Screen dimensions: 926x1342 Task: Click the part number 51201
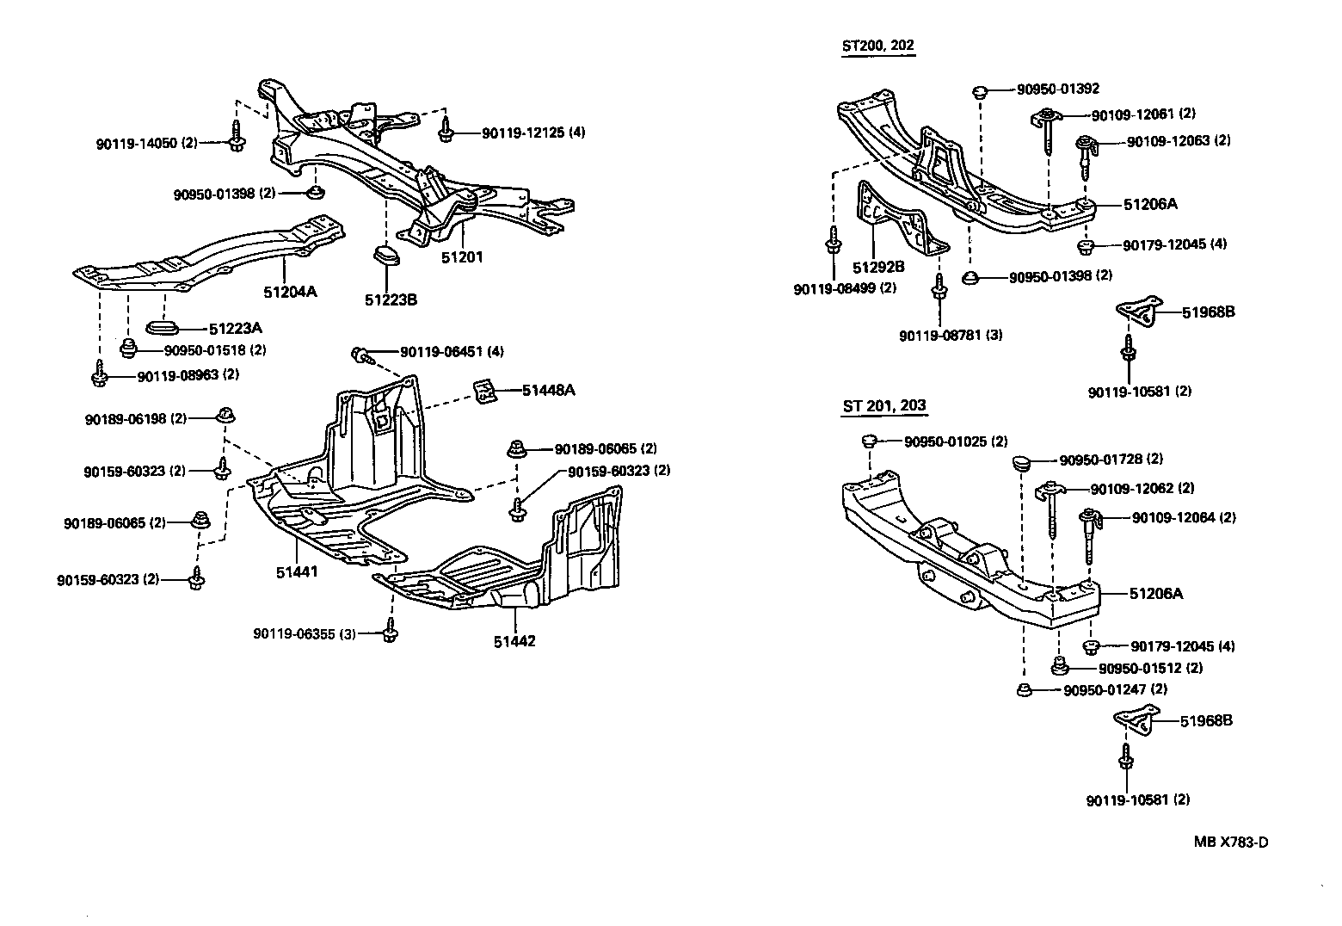[462, 256]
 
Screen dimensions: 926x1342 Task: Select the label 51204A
[290, 292]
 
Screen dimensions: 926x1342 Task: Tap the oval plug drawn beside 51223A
[163, 327]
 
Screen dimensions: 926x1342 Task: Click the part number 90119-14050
[135, 144]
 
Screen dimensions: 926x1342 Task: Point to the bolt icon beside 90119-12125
[446, 131]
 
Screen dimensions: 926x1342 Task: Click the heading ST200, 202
[878, 46]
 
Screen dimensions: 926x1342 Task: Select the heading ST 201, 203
[884, 406]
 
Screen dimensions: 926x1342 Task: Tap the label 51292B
[878, 267]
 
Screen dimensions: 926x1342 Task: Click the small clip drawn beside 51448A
[486, 392]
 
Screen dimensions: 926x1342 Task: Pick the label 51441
[297, 571]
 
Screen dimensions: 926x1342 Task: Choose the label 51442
[514, 641]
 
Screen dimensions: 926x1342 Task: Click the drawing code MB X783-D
[1230, 842]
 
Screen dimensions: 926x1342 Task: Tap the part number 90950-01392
[1057, 89]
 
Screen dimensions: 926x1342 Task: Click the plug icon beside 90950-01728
[1022, 462]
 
